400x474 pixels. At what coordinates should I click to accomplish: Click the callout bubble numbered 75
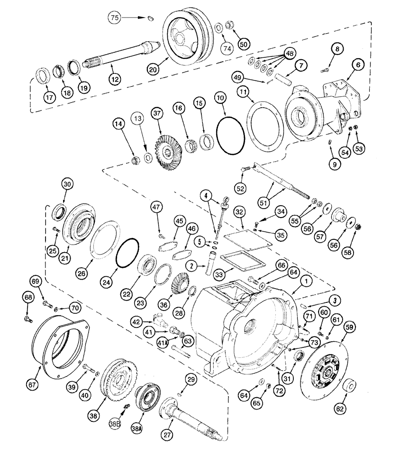[114, 18]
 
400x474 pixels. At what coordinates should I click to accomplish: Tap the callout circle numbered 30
[68, 184]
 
